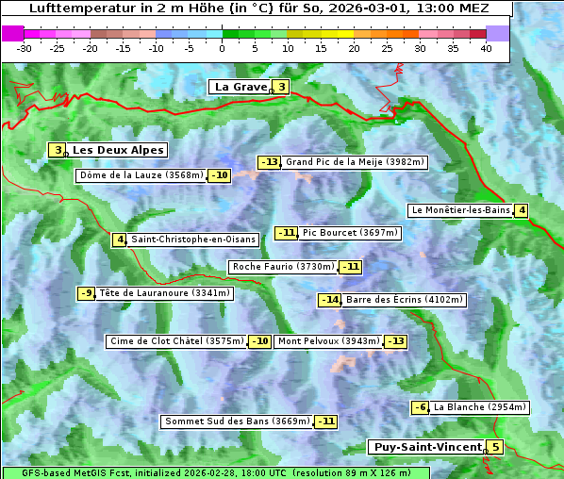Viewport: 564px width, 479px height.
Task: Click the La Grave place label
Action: click(240, 87)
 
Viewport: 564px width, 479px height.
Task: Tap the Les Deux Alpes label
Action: click(118, 150)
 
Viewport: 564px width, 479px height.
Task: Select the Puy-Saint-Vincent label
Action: click(426, 447)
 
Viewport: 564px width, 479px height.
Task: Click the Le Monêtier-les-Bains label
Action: click(459, 210)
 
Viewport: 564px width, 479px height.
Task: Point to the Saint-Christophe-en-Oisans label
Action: click(193, 239)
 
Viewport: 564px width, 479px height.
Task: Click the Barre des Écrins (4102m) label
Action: click(405, 300)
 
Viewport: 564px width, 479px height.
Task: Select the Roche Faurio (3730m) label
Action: click(283, 267)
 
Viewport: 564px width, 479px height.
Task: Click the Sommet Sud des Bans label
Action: click(237, 421)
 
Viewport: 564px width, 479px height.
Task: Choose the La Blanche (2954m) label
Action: click(479, 407)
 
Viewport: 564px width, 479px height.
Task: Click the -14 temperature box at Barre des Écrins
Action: click(329, 300)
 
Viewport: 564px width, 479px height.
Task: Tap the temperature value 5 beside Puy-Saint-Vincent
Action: click(495, 447)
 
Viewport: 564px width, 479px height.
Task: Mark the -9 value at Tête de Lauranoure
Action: click(87, 293)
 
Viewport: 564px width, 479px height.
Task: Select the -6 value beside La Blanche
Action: click(420, 407)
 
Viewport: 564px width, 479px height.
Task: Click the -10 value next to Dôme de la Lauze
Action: click(219, 175)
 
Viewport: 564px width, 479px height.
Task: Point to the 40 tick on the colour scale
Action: click(486, 47)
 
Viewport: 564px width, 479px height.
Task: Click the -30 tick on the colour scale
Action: click(25, 47)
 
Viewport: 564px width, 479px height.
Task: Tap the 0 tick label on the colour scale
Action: click(222, 47)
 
